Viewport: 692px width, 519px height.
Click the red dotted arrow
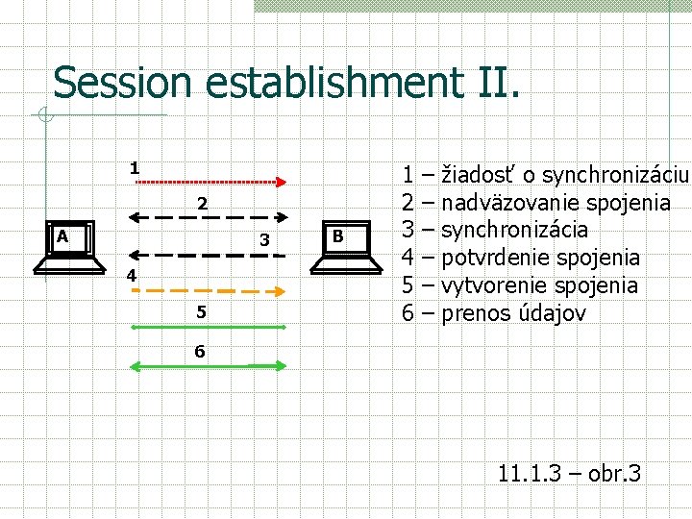[211, 182]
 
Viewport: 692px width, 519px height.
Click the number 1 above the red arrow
[136, 167]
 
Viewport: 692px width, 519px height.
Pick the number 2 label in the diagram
[202, 204]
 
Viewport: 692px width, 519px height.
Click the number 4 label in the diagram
[134, 277]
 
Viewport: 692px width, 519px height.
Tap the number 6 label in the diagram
[199, 351]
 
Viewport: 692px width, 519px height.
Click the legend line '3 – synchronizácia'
[495, 230]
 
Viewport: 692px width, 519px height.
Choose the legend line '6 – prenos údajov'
[493, 313]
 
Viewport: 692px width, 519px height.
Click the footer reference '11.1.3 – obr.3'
[569, 473]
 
